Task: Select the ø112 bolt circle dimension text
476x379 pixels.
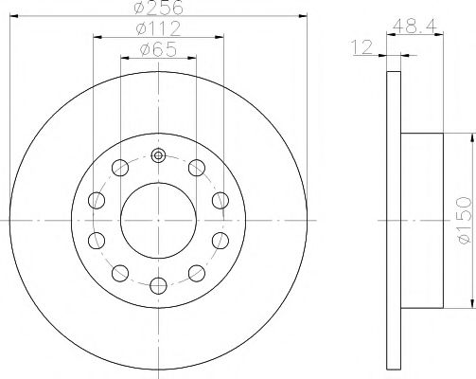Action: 157,28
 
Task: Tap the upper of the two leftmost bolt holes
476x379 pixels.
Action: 97,200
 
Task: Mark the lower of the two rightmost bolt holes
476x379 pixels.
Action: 220,240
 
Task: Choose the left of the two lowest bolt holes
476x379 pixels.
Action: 119,273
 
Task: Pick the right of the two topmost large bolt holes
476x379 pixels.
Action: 196,168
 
